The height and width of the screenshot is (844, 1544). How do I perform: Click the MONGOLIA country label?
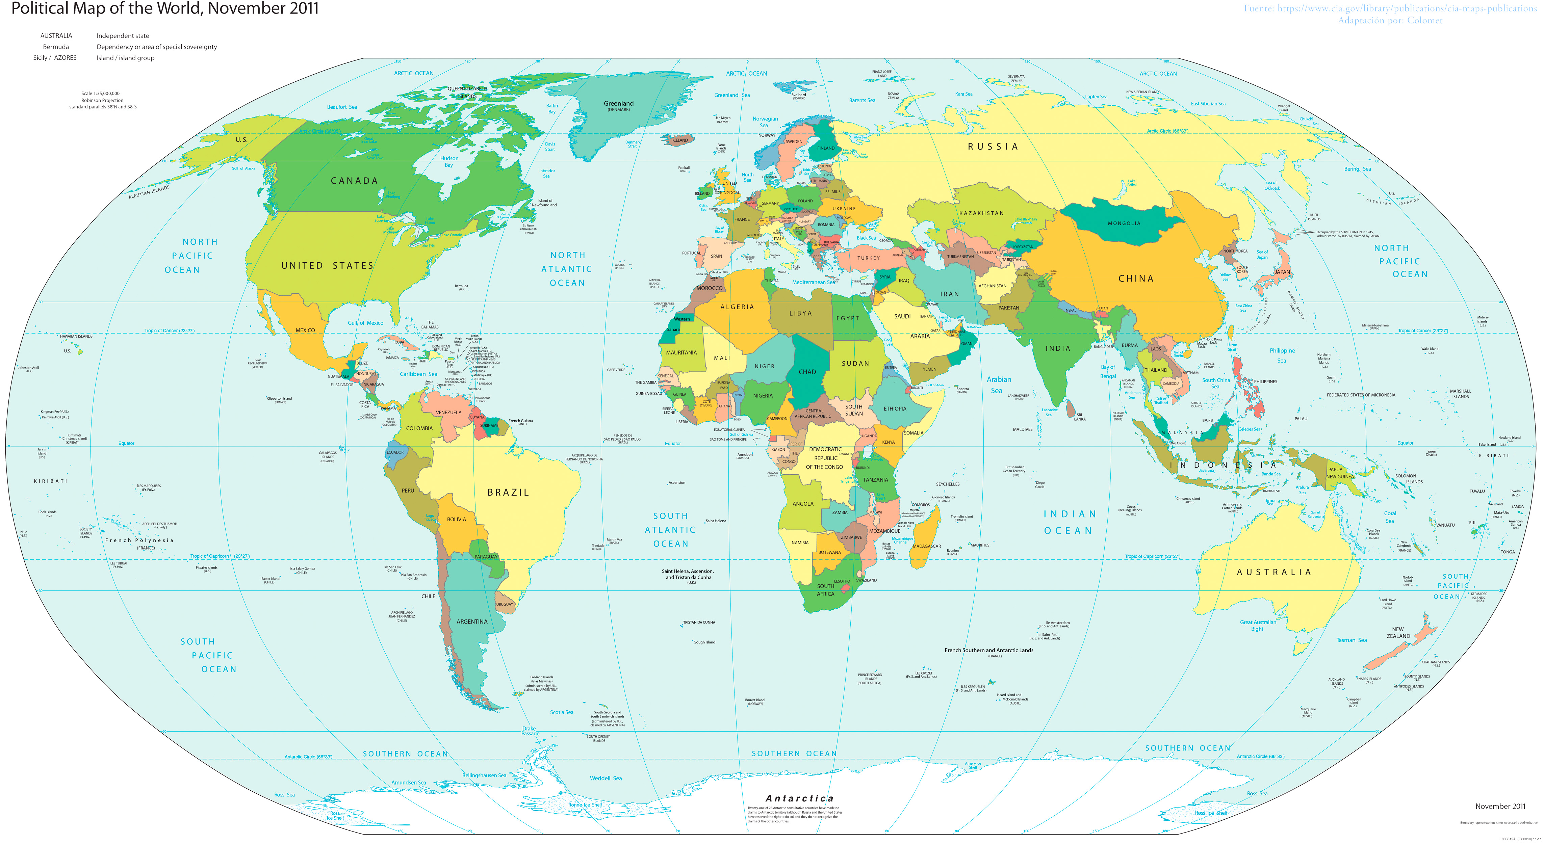pos(1124,223)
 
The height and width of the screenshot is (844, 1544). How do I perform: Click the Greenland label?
pos(619,104)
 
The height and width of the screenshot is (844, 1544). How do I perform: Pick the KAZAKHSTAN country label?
pos(981,213)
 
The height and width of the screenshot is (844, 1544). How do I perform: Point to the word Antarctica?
pos(799,798)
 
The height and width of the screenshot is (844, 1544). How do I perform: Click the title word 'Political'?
pos(40,9)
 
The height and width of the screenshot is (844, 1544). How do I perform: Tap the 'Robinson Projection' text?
pos(102,101)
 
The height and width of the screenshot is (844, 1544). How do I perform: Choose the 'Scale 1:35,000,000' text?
pos(101,94)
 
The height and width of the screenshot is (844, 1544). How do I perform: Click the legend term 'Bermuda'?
pos(56,47)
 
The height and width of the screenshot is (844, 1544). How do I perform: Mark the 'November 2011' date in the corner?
pos(1500,806)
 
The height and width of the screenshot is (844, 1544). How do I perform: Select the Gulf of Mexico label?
pos(366,323)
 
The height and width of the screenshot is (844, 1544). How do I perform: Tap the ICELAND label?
pos(680,140)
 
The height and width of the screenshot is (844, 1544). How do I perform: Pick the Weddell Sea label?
pos(606,778)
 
